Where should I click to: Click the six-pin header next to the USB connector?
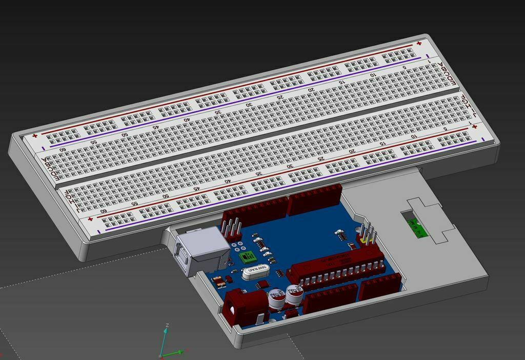pyautogui.click(x=232, y=230)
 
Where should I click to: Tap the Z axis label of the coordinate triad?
pyautogui.click(x=167, y=325)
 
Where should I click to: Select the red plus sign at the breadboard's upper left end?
pyautogui.click(x=35, y=136)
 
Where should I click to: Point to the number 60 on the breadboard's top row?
pyautogui.click(x=63, y=150)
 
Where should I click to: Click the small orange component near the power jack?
pyautogui.click(x=218, y=281)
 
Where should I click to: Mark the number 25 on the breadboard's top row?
pyautogui.click(x=280, y=96)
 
